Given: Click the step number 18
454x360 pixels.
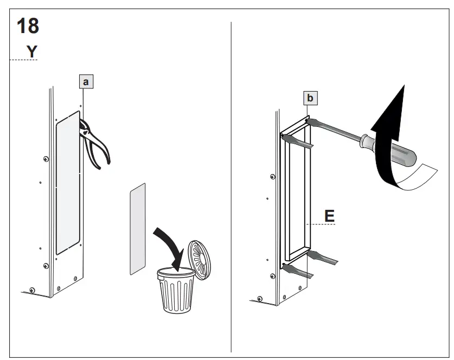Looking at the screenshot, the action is point(28,25).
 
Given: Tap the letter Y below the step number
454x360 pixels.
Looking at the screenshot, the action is point(32,52).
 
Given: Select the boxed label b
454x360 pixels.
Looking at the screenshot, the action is point(310,98).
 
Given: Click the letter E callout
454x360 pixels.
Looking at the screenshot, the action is point(329,216).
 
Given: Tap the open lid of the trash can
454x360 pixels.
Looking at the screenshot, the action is point(199,260).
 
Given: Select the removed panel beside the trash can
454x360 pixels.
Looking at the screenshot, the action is point(138,228).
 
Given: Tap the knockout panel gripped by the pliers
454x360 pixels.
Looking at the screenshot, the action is point(68,184).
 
